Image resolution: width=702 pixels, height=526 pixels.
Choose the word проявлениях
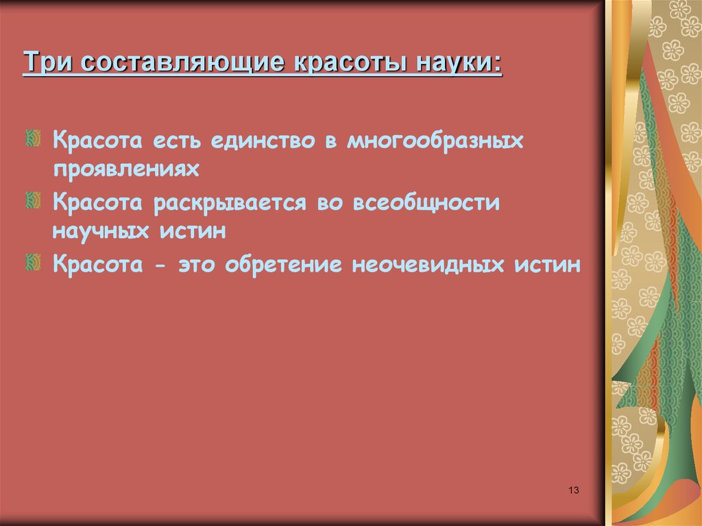pyautogui.click(x=125, y=169)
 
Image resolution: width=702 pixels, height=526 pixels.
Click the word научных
pyautogui.click(x=102, y=231)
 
